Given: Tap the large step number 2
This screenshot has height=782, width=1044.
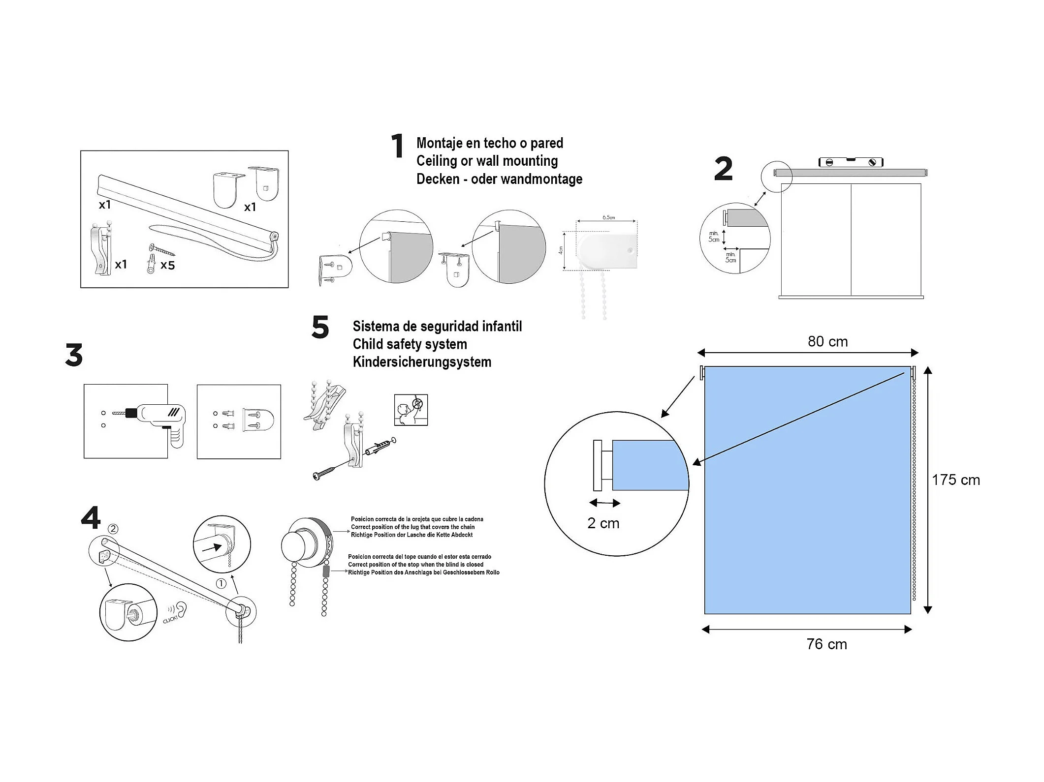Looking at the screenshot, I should click(723, 169).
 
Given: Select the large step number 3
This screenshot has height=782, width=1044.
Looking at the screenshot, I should click(74, 355).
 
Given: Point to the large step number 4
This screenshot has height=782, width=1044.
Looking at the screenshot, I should click(91, 518).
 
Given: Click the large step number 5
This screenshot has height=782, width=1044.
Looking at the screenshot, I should click(320, 328).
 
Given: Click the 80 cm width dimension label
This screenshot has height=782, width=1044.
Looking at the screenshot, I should click(827, 342).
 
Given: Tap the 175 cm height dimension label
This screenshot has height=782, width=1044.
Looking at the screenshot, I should click(955, 480).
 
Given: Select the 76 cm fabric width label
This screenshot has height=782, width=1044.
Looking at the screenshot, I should click(826, 644).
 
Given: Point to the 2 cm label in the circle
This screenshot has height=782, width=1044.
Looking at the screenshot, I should click(603, 523).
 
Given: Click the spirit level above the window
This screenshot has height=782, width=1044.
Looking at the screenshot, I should click(851, 162).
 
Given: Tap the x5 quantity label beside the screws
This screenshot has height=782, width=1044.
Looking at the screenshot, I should click(167, 266).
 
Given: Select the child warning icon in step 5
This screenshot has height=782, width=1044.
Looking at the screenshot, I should click(411, 410).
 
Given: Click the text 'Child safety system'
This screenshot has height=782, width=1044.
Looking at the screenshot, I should click(410, 344).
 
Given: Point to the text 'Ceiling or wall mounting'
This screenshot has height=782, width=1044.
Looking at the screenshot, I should click(487, 161).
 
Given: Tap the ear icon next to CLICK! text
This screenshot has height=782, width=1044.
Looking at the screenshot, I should click(182, 609).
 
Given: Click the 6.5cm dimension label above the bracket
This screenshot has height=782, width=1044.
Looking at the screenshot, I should click(608, 217).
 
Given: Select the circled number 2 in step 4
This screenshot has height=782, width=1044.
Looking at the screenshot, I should click(113, 529).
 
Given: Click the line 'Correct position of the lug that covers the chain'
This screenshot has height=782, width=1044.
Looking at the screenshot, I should click(412, 527).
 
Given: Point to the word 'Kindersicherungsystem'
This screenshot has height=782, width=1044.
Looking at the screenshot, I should click(422, 362).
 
